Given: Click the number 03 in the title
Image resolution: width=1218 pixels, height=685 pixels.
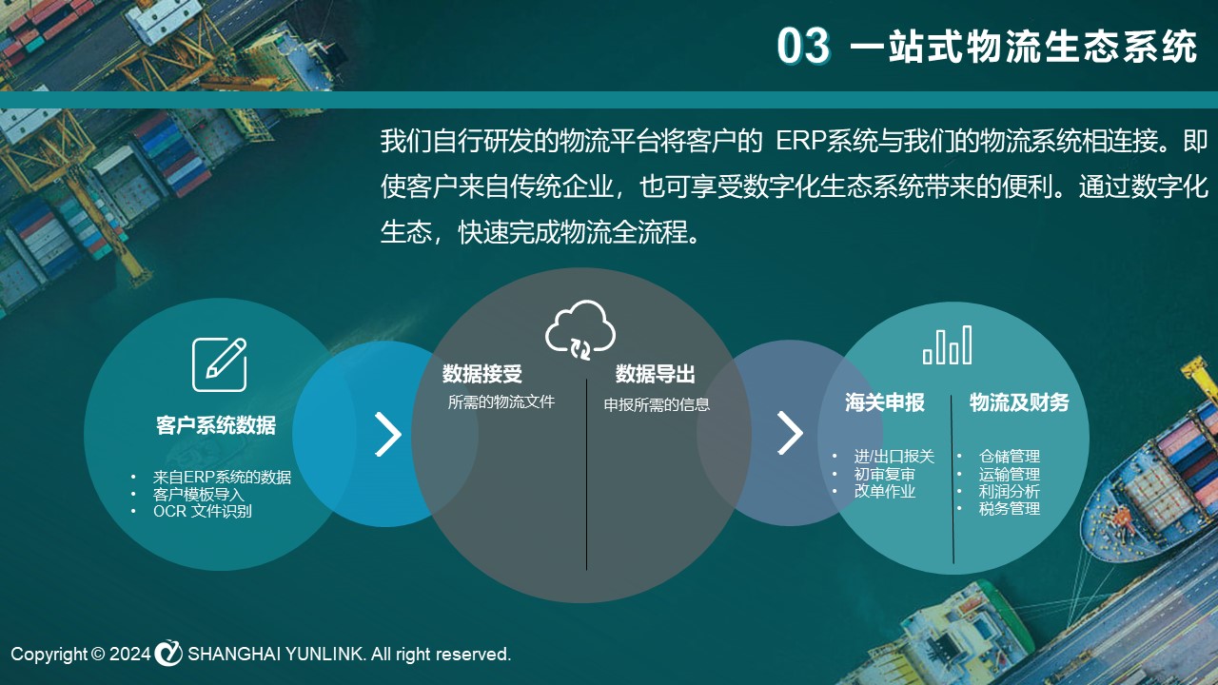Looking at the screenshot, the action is point(803,46).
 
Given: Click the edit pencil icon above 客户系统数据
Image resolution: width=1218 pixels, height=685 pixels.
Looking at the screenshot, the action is point(220,364).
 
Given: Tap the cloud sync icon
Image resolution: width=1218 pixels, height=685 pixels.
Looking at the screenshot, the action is point(580,329).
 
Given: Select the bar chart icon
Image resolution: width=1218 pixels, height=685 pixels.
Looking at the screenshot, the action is point(947,345).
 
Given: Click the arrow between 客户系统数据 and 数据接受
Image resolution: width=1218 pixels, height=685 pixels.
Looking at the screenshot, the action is point(387,435).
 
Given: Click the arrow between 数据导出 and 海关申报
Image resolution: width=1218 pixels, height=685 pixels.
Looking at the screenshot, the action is point(790,433).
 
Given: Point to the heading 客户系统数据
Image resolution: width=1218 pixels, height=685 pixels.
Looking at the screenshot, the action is point(216,425).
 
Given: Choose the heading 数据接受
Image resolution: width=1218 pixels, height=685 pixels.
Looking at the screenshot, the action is point(482,374).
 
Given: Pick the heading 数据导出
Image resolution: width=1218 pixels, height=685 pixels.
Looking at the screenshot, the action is point(656,374).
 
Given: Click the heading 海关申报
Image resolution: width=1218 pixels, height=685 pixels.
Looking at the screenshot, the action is point(885,402).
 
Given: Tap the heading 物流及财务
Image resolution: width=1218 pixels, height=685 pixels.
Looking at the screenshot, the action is point(1019,402).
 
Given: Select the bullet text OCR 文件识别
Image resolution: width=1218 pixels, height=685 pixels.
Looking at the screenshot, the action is point(203,511).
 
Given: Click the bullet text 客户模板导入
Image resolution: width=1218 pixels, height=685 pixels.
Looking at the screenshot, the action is point(199,494).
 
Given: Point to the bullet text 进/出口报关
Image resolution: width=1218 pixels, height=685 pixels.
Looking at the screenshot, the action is point(894,456).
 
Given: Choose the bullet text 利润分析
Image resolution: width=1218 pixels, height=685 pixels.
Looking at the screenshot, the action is point(1010,492).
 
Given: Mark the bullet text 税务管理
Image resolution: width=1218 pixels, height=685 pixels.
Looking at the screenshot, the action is point(1010,509).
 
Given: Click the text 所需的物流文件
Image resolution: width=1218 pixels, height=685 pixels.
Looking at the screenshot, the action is point(501,401).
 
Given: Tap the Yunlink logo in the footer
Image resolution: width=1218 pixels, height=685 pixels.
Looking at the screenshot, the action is point(168,653).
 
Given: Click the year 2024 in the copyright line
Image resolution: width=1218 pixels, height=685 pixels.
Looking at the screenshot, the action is point(130,654).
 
